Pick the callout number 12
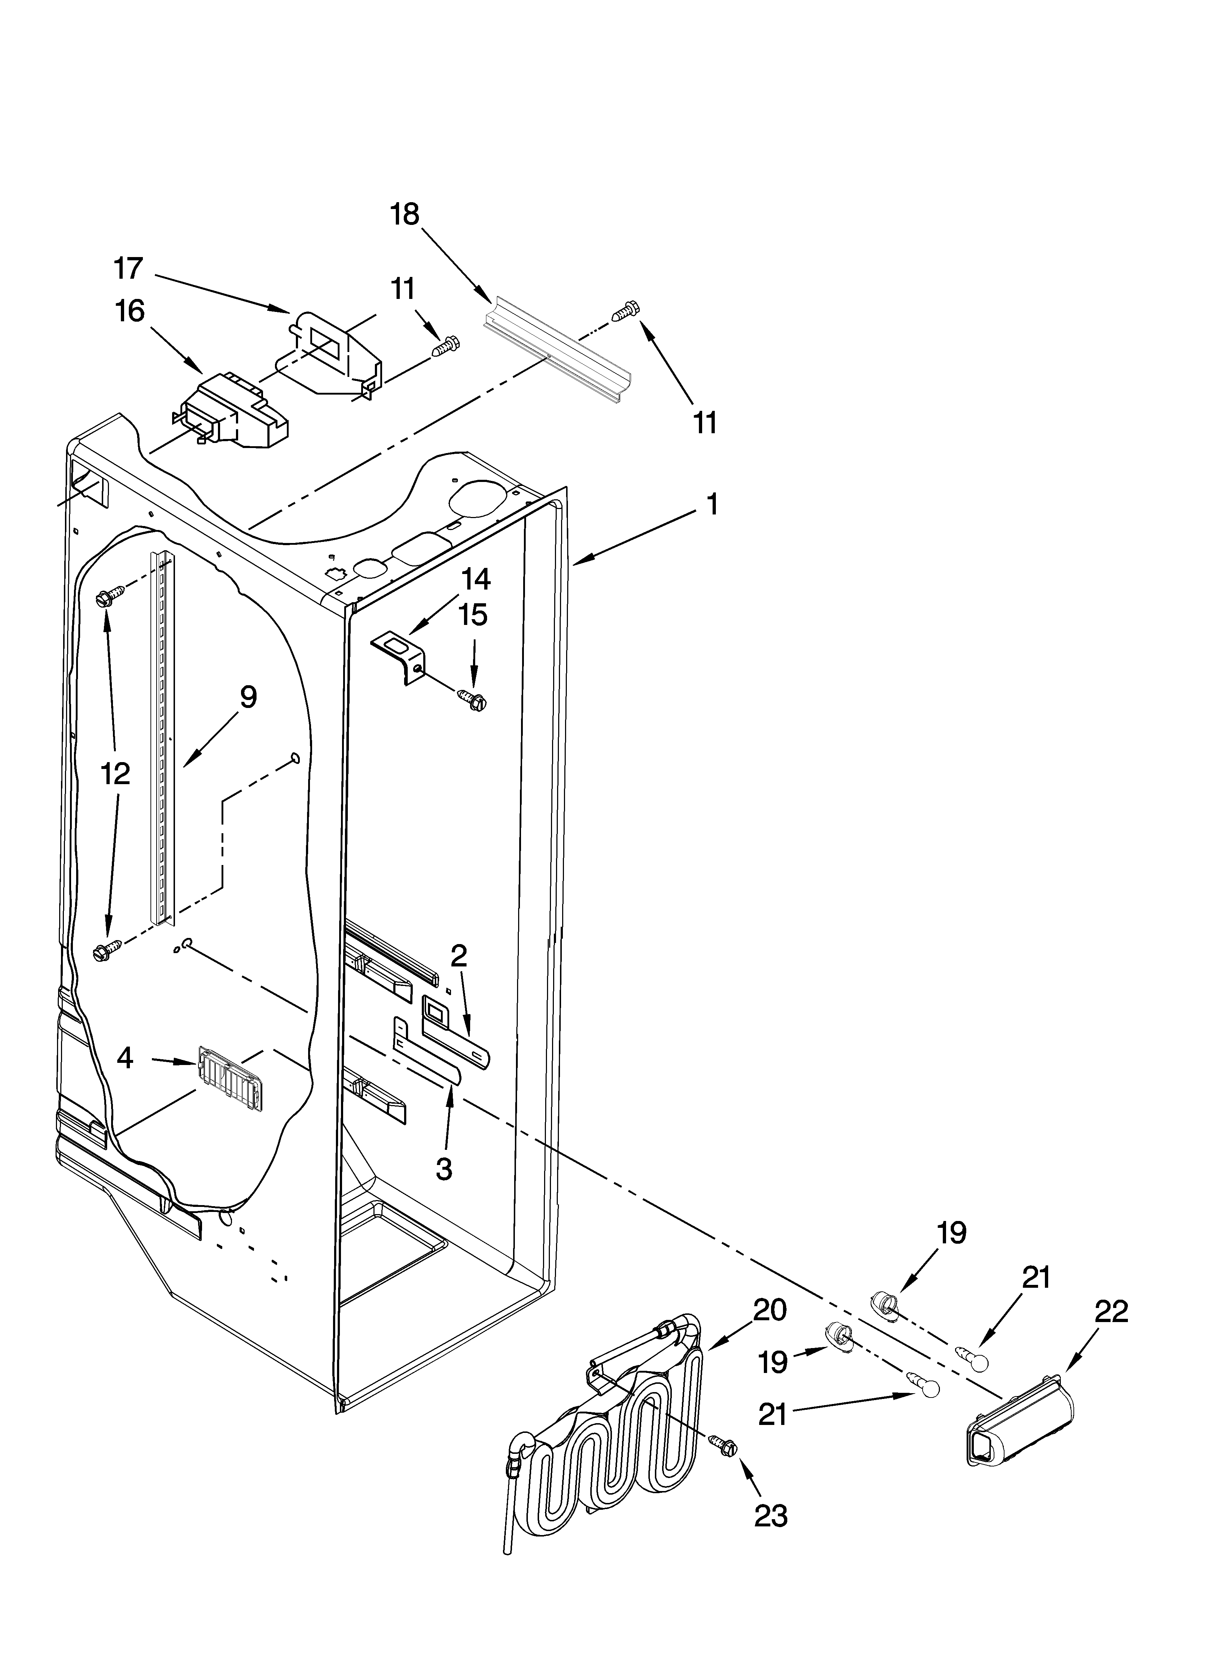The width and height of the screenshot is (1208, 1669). pyautogui.click(x=115, y=773)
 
